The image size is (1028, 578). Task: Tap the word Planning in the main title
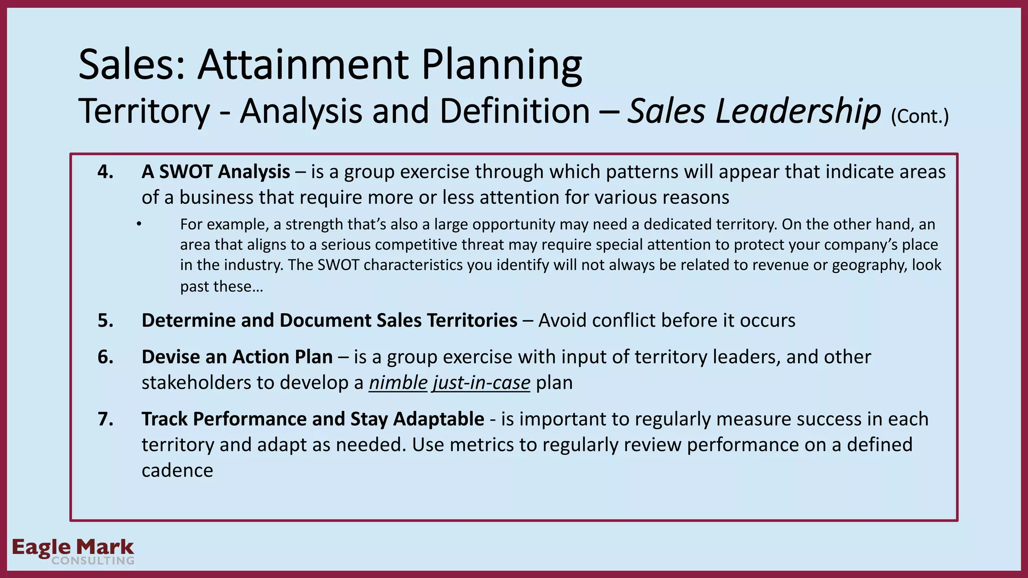501,65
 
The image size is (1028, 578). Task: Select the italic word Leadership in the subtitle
798,111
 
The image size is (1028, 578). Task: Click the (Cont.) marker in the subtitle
920,116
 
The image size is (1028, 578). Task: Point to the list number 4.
105,172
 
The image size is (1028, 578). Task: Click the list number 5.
105,321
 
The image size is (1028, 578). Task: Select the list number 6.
105,357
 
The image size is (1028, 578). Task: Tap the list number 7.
105,419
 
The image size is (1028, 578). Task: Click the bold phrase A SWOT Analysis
216,172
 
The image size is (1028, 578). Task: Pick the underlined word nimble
398,383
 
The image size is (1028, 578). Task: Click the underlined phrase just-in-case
481,383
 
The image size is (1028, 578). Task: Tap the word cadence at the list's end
177,471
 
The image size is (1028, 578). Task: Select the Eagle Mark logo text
73,546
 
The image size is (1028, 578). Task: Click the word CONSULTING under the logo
93,561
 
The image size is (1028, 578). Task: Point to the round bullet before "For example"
139,224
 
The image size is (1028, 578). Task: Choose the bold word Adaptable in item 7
438,419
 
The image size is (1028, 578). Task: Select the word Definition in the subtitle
515,111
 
